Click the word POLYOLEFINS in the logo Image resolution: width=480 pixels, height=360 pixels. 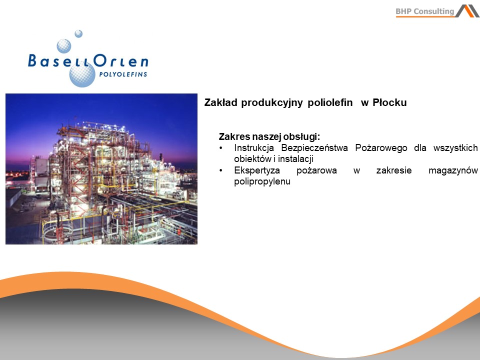pyautogui.click(x=123, y=74)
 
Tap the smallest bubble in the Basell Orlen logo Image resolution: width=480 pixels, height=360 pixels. pyautogui.click(x=78, y=33)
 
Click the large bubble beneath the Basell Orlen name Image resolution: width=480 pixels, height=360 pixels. pyautogui.click(x=82, y=74)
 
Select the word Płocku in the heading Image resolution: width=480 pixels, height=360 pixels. pyautogui.click(x=389, y=102)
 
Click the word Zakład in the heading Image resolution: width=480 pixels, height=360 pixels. pyautogui.click(x=220, y=102)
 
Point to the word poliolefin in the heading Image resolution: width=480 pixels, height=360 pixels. pyautogui.click(x=330, y=102)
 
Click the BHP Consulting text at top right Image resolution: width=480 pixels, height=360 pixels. pyautogui.click(x=425, y=11)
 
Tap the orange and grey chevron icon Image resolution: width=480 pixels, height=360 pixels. pyautogui.click(x=467, y=11)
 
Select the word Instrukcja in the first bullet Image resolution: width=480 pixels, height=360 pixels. pyautogui.click(x=254, y=148)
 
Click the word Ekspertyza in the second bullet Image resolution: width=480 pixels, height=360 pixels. pyautogui.click(x=257, y=170)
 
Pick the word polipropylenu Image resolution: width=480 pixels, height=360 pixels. pyautogui.click(x=262, y=181)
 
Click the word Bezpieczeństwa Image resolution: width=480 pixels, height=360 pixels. pyautogui.click(x=314, y=148)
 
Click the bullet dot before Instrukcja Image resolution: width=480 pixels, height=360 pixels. pyautogui.click(x=220, y=148)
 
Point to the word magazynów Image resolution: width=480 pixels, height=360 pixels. pyautogui.click(x=453, y=170)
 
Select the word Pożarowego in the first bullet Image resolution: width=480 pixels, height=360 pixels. pyautogui.click(x=381, y=148)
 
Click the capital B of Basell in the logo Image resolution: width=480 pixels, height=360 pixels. pyautogui.click(x=32, y=60)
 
